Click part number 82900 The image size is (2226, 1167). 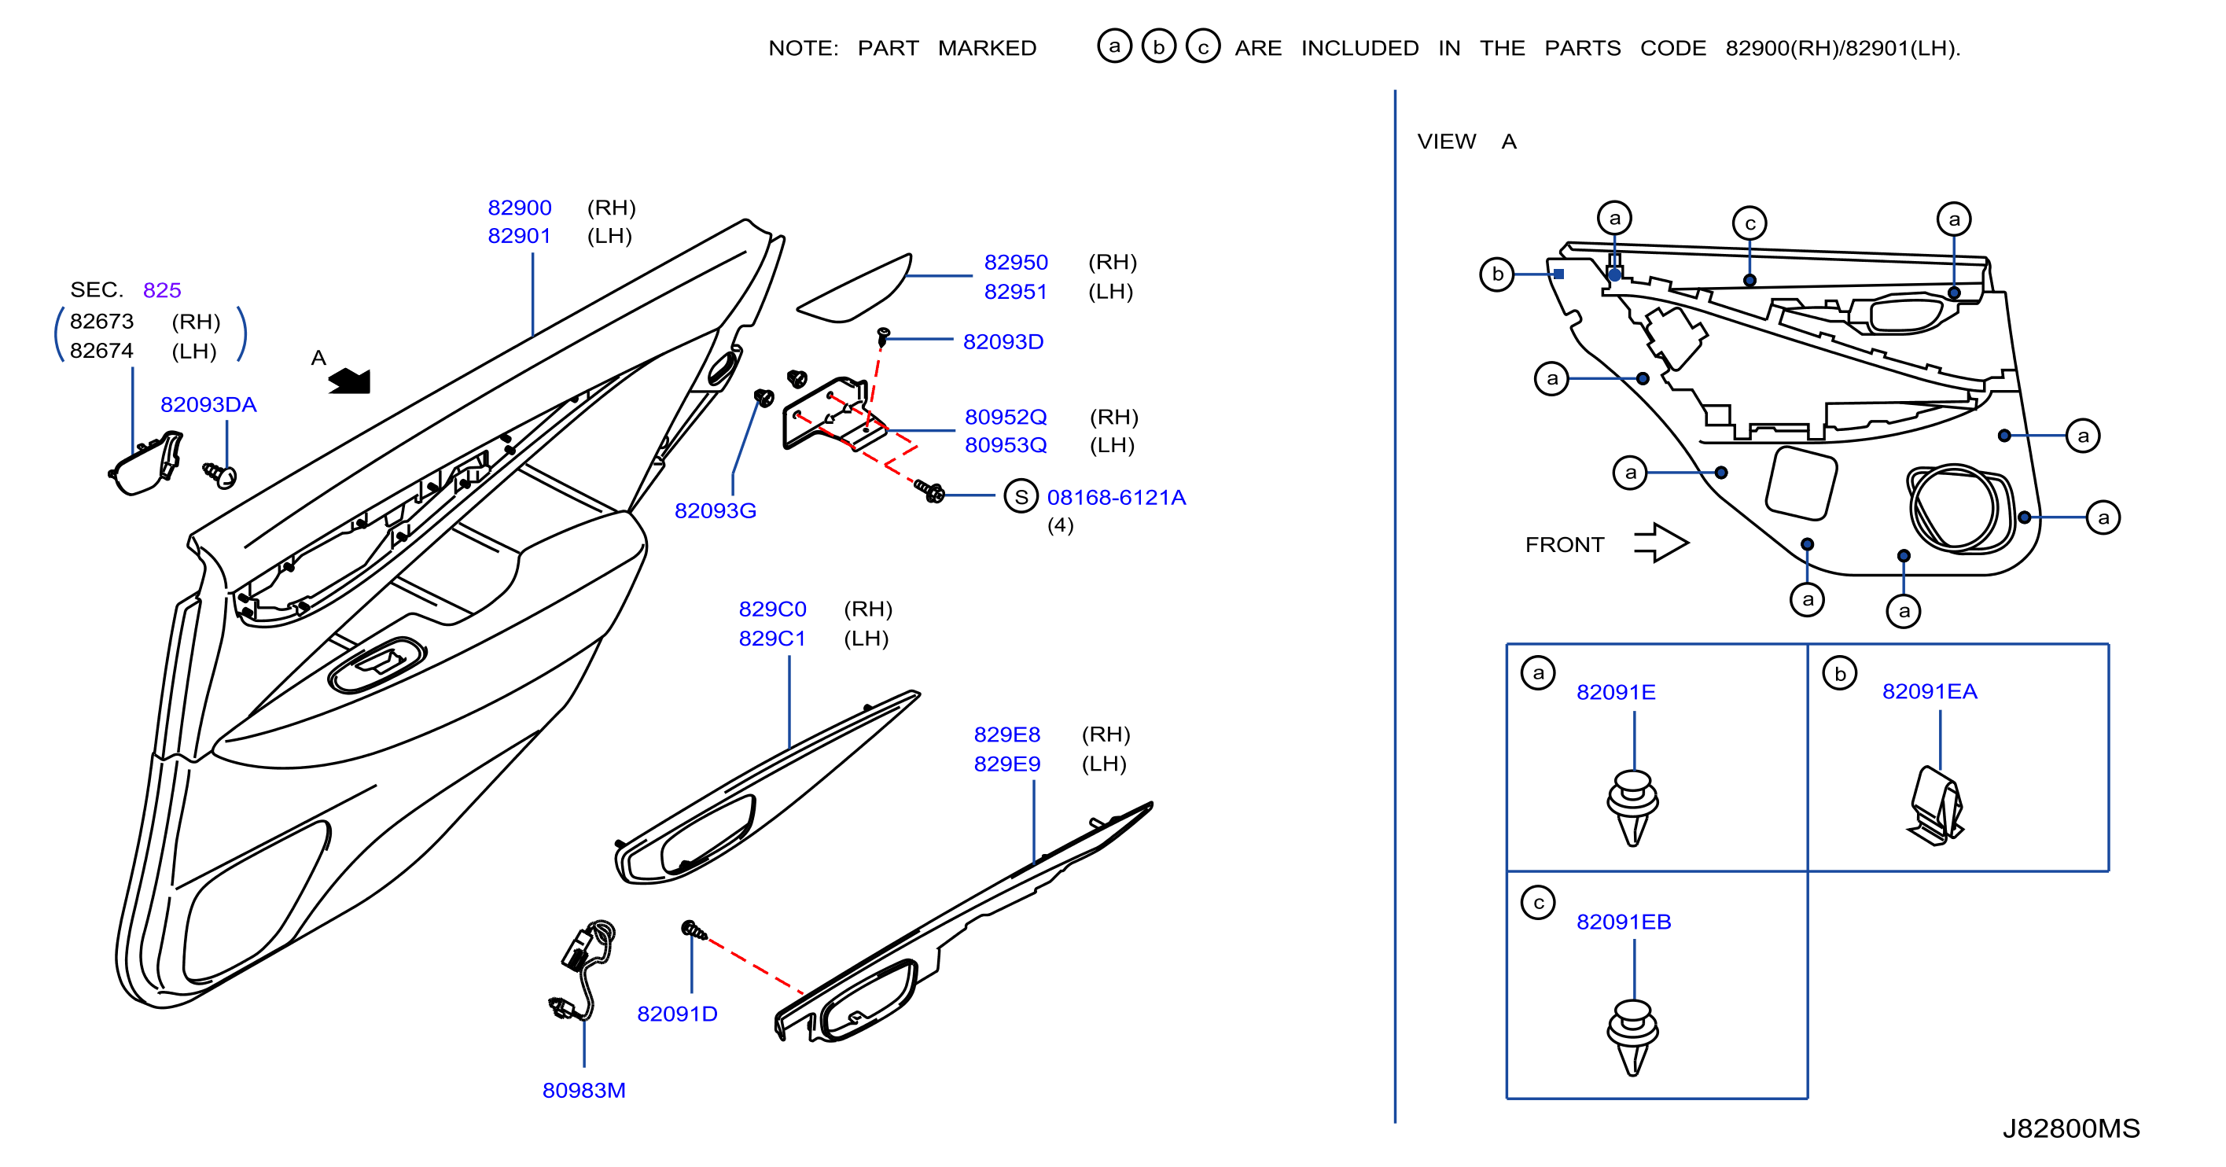[519, 208]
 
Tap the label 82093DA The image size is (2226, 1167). [208, 404]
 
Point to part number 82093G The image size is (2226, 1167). [716, 511]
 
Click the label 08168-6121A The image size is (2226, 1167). [1117, 497]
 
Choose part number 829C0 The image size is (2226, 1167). [772, 609]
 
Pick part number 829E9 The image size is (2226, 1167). [1006, 764]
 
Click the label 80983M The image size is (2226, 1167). [584, 1090]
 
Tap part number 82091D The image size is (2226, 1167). [678, 1014]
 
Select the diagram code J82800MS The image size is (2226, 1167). [2071, 1128]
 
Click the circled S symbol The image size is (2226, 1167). [1021, 496]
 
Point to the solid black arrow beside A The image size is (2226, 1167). [350, 381]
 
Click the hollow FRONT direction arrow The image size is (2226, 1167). [1661, 543]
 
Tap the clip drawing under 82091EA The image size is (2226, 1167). [1936, 806]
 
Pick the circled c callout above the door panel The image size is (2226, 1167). [1750, 223]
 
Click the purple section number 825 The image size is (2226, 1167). [162, 289]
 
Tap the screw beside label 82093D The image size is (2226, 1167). [883, 337]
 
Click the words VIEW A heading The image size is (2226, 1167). [1466, 141]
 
